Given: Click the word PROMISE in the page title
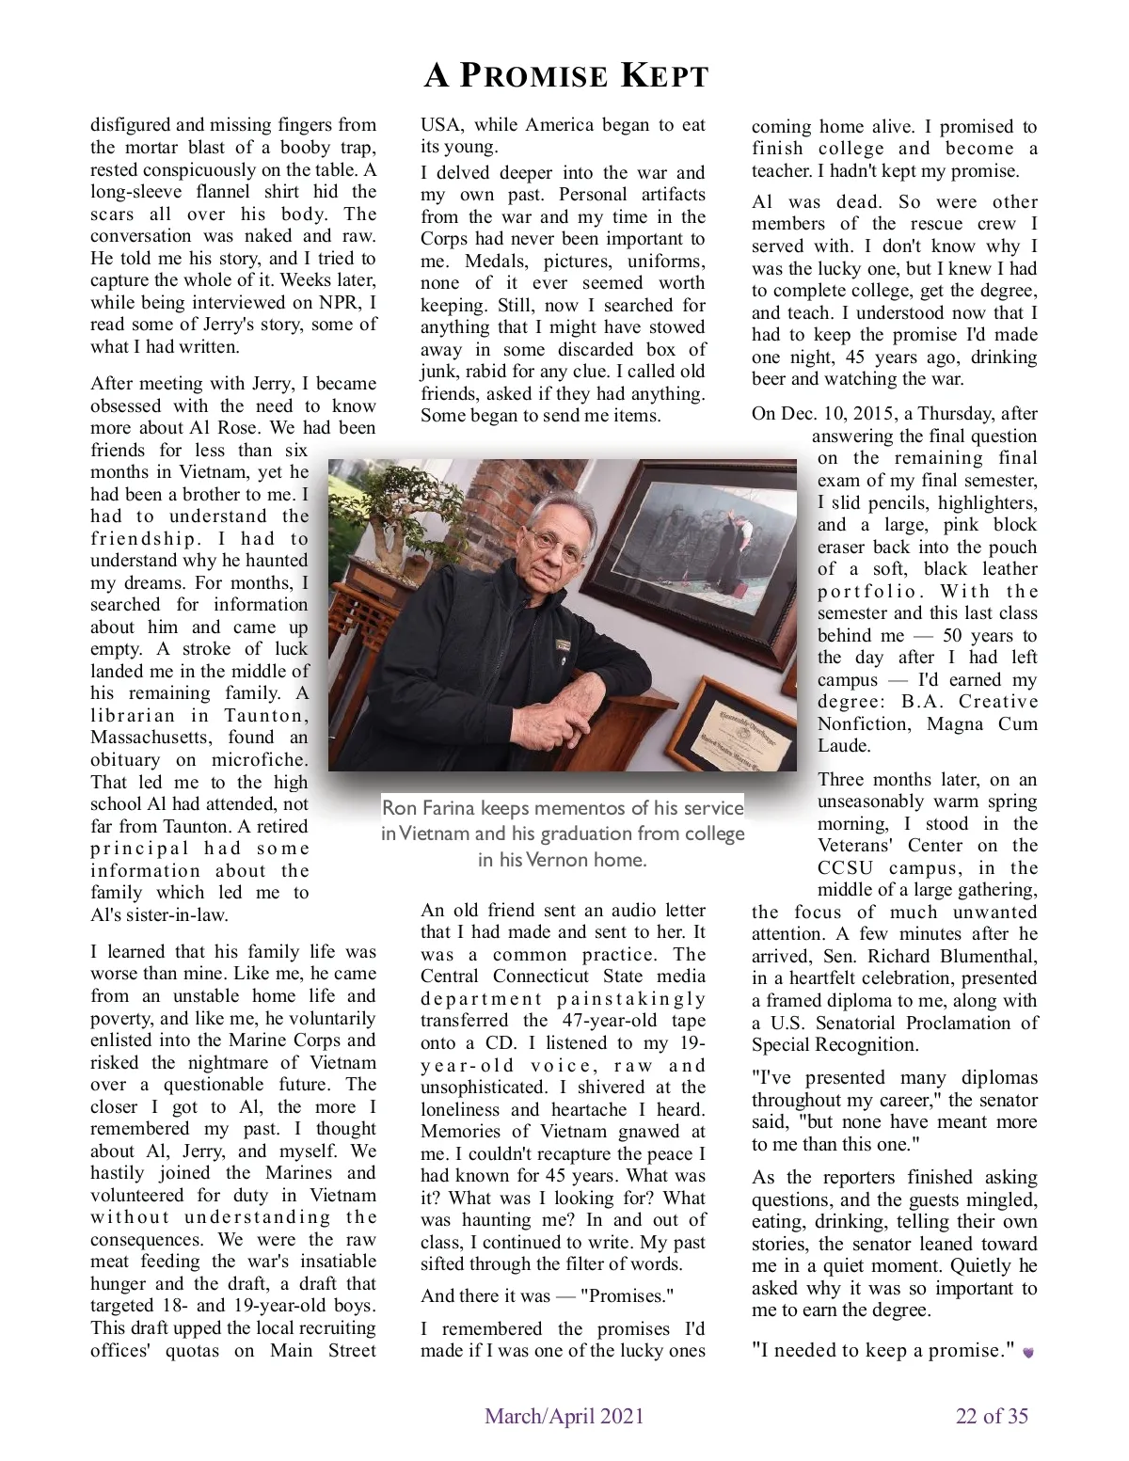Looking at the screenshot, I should (x=533, y=75).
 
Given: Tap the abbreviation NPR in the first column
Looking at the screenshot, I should (x=337, y=302).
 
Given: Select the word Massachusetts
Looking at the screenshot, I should (x=151, y=738).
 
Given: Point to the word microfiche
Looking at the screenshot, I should (x=259, y=760).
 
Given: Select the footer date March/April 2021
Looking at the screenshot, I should (x=564, y=1416).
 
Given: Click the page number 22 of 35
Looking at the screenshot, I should (x=992, y=1416).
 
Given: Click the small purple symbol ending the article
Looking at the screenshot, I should (x=1028, y=1352).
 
